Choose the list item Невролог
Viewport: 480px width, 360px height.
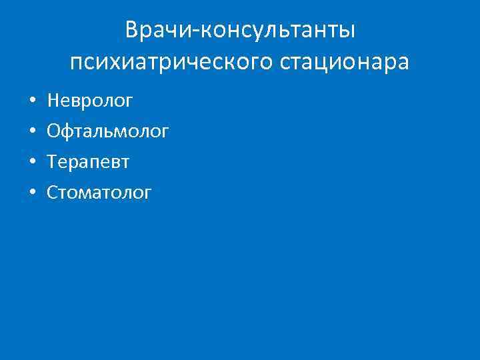(90, 101)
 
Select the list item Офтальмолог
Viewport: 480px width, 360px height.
(107, 132)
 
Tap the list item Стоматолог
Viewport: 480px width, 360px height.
(99, 193)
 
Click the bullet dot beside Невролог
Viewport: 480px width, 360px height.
(32, 102)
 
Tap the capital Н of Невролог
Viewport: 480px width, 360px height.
(53, 101)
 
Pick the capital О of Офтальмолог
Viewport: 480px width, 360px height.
(53, 132)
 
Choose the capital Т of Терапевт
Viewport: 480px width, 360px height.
(52, 163)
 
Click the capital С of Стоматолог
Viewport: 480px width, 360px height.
(52, 193)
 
